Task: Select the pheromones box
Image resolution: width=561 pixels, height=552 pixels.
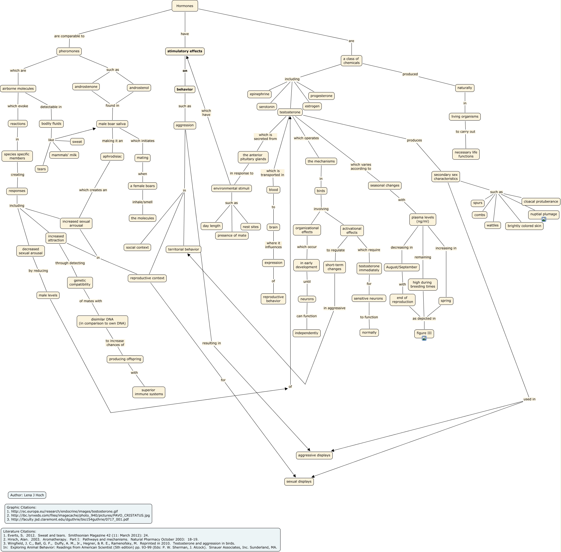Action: pos(69,51)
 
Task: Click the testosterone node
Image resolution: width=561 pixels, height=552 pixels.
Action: pos(290,112)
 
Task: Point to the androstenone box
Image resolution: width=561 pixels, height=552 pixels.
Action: pos(86,87)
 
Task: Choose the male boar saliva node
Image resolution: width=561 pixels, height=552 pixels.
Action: pos(112,124)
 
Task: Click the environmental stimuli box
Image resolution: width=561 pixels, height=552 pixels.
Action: pos(231,188)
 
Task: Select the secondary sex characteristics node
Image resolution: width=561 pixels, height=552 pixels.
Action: pos(445,177)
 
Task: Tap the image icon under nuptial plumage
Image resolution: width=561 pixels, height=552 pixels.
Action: pos(544,220)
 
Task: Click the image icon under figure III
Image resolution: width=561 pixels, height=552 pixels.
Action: pos(424,338)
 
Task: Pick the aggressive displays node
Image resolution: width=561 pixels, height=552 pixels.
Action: pos(314,455)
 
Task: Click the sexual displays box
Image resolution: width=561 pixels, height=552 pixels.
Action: pos(299,481)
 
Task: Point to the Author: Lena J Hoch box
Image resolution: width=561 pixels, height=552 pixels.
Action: pos(27,495)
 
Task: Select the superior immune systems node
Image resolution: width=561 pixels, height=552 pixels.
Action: pos(149,392)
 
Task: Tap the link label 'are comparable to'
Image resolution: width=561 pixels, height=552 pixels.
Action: pos(69,36)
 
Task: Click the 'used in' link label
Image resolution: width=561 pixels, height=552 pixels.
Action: pos(529,399)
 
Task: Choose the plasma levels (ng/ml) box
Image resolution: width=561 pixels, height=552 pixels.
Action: pos(423,220)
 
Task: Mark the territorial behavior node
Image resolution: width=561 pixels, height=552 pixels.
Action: pos(183,249)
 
